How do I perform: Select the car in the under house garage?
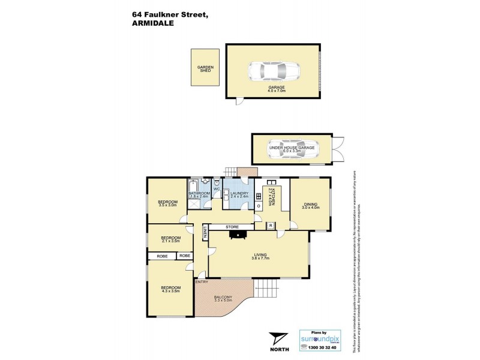(x=294, y=151)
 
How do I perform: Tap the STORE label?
(x=232, y=227)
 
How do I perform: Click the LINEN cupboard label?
(x=205, y=231)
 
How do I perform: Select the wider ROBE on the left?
(x=162, y=256)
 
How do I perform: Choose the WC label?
(x=217, y=189)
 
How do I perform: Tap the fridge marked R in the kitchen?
(x=271, y=226)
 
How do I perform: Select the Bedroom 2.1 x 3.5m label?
(x=170, y=239)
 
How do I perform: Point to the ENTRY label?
(x=202, y=282)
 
